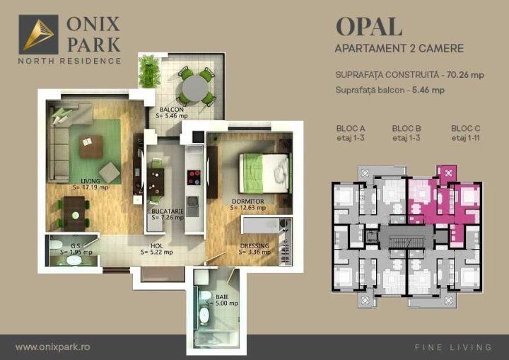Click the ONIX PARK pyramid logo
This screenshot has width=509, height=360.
coord(38,34)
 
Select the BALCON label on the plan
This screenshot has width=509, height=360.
coord(172,110)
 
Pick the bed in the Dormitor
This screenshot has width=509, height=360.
coord(265,173)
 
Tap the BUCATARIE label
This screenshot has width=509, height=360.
coord(168,211)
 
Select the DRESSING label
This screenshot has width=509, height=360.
coord(255,246)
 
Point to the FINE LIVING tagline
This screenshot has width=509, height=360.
coord(452,347)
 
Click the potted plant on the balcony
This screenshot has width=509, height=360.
coord(149,70)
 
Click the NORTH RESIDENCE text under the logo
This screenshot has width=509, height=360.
coord(69,61)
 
